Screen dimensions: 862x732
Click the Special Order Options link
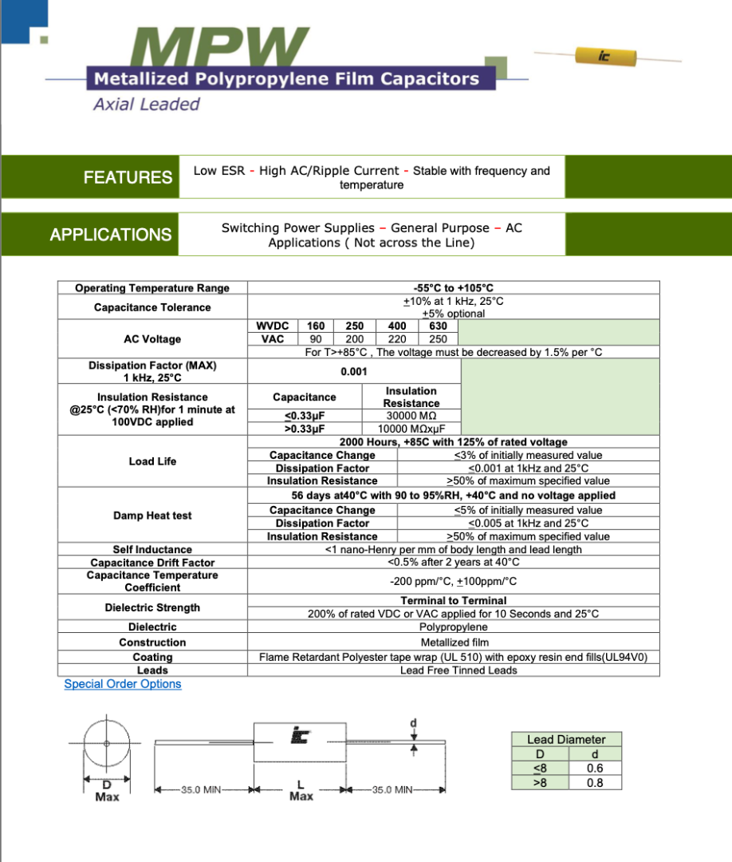[x=123, y=684]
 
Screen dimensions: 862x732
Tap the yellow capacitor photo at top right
[x=607, y=55]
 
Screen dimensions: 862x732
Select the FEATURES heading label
[x=128, y=177]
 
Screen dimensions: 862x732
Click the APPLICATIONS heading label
[x=110, y=235]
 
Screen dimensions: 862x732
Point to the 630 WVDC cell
[x=438, y=326]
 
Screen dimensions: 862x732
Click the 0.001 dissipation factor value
[x=353, y=371]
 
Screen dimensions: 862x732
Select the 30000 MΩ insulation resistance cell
[x=411, y=416]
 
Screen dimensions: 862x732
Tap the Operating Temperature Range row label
[x=152, y=288]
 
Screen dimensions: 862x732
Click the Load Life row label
[x=152, y=461]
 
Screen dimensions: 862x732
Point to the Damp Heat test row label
[x=152, y=516]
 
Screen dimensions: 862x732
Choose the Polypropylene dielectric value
[x=453, y=627]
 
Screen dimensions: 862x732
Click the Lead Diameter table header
[x=566, y=740]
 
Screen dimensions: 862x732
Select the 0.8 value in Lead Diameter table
[x=594, y=783]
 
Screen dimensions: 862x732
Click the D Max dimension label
[x=107, y=791]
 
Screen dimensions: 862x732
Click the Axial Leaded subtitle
[x=147, y=105]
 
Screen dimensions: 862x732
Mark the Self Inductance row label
[x=152, y=549]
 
